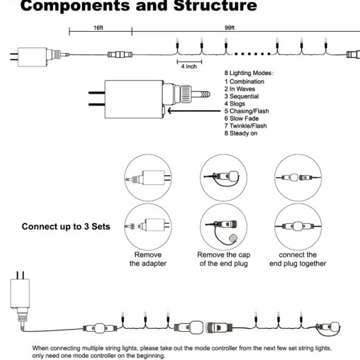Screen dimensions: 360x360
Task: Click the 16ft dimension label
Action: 98,28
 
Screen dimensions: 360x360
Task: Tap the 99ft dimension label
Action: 229,28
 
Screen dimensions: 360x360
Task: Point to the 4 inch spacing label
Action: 189,67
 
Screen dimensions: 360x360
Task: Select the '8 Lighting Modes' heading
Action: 249,73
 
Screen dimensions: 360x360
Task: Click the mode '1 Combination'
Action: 244,82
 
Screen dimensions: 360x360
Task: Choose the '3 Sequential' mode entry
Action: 242,96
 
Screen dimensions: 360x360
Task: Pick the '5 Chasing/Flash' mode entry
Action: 247,111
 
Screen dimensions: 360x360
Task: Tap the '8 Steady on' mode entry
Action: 241,133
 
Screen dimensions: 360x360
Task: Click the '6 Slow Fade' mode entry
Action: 242,118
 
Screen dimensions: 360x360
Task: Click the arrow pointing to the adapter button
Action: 194,111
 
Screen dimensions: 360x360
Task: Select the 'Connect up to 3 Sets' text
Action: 66,226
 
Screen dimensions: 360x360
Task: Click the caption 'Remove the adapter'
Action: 148,259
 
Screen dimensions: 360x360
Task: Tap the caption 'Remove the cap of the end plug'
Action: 223,259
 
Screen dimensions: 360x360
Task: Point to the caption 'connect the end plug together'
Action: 298,259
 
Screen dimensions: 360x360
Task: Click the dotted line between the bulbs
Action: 253,54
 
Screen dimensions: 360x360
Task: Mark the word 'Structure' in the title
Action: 215,5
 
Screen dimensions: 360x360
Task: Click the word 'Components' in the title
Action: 75,6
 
